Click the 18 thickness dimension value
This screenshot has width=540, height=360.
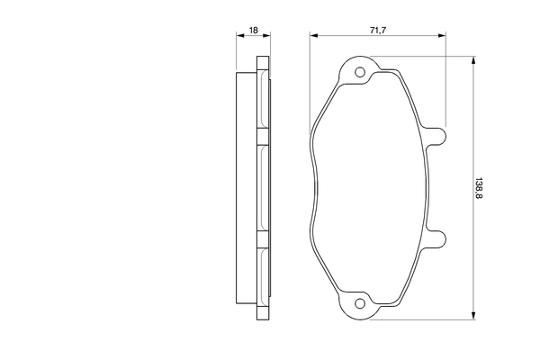[254, 31]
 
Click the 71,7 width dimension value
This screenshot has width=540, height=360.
[378, 31]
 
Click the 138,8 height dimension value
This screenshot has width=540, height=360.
[479, 188]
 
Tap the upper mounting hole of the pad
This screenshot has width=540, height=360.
[360, 72]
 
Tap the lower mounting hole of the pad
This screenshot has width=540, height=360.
[360, 303]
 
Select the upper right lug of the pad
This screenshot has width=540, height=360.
[436, 137]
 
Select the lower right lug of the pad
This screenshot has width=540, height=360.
[436, 238]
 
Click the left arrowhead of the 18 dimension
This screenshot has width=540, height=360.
[240, 35]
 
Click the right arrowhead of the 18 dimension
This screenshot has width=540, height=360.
[266, 35]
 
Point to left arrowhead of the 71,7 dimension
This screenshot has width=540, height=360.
[314, 35]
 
